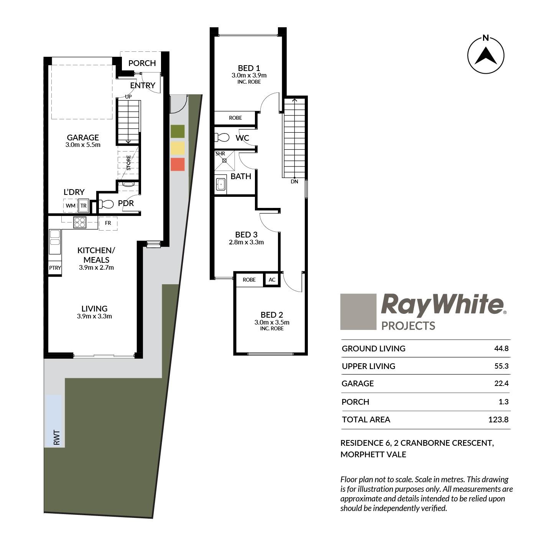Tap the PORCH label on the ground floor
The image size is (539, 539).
pos(142,63)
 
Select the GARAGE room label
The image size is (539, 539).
pos(83,137)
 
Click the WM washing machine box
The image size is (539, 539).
pos(70,206)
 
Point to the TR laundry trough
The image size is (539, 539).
pos(83,206)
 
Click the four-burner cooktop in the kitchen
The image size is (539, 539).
pos(79,223)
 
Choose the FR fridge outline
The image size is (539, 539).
pos(108,223)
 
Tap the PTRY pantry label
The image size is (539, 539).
pos(55,268)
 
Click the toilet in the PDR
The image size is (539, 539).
pos(106,204)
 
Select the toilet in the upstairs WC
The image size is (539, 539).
pos(222,137)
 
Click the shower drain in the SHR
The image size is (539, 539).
pos(224,161)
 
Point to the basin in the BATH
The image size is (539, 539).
pos(221,184)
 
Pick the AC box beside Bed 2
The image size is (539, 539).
pos(272,279)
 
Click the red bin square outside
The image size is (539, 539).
pos(177,164)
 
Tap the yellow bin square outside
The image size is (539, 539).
pos(177,148)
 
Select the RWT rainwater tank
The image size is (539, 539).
pos(54,420)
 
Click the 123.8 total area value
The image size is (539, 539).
pos(498,419)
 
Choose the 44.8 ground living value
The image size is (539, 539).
pos(501,349)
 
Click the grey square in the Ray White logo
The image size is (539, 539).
pos(358,312)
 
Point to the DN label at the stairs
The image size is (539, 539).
pos(294,181)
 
